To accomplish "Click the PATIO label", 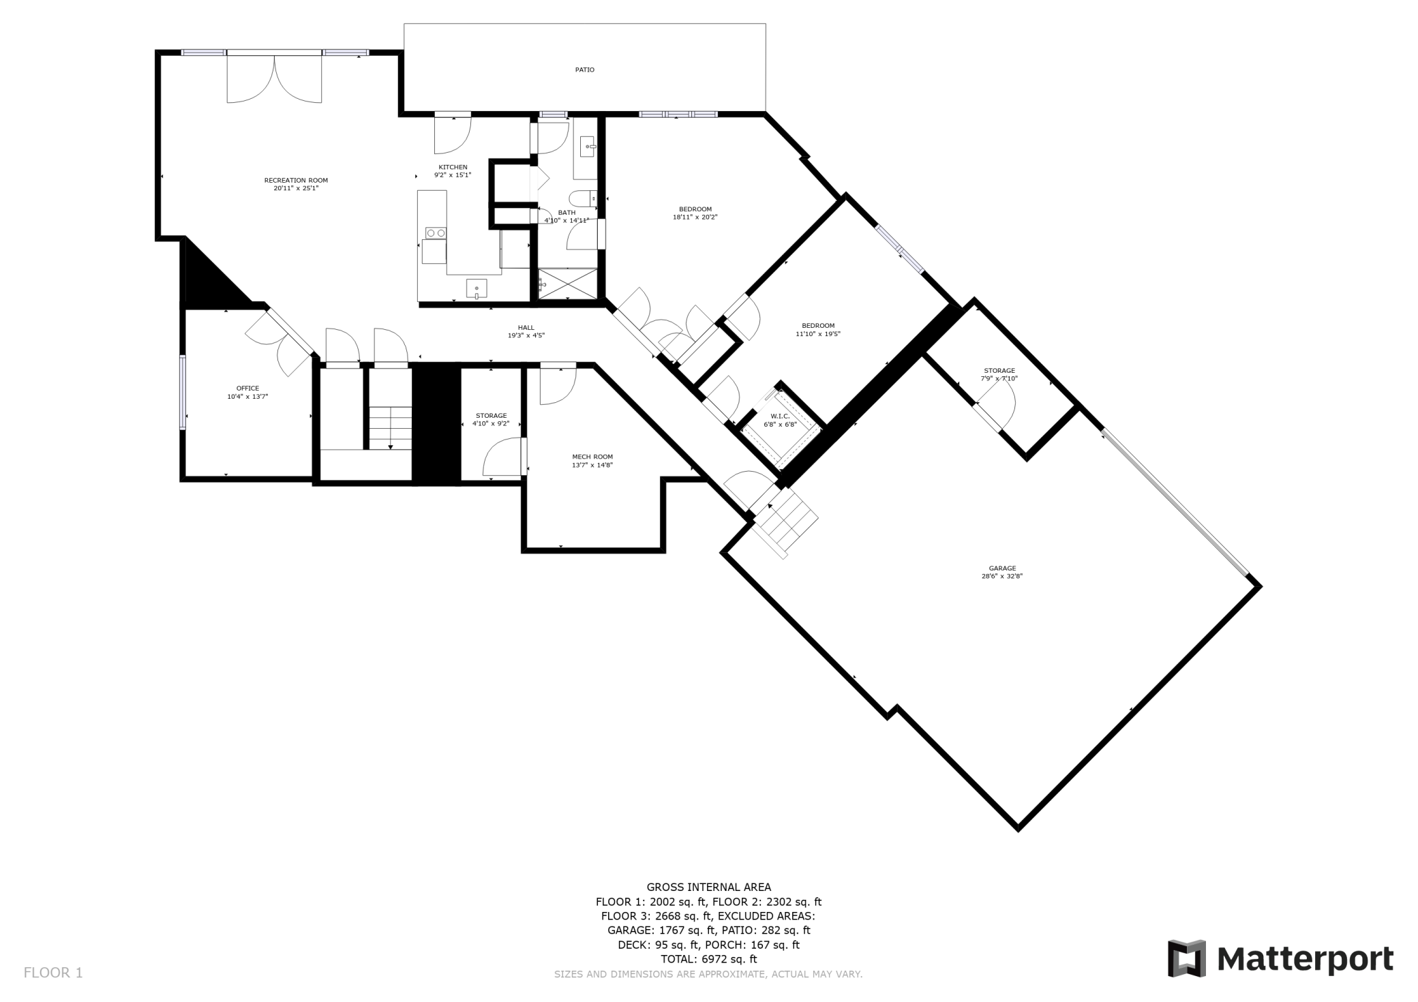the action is coord(585,70).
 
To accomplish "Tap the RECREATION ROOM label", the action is coord(296,181).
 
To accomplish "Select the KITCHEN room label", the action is coord(453,167).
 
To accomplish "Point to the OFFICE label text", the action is coord(247,389).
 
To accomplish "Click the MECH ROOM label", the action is coord(592,457).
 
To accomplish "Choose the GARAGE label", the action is coord(1002,568).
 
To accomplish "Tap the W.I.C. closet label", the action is coord(780,416).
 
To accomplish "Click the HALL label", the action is coord(526,327).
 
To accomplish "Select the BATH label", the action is coord(567,213).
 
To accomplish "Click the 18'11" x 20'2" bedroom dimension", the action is coord(695,217).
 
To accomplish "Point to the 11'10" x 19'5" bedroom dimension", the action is coord(818,334).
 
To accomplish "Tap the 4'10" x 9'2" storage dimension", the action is coord(491,423).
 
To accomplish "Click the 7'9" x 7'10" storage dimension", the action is coord(999,378).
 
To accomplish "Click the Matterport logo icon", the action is coord(1187,958).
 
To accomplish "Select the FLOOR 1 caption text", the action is coord(53,973).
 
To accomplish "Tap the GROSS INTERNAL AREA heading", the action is coord(709,887).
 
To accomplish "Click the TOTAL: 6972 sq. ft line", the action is coord(709,959).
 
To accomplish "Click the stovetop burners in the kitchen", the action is coord(436,233).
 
